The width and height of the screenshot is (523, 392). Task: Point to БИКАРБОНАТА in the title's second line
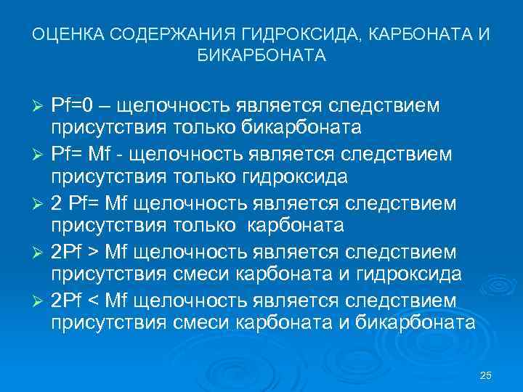261,55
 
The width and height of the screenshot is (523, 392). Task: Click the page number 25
486,375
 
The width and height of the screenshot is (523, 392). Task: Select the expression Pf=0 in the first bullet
73,105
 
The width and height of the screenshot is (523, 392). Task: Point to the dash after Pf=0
106,105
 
